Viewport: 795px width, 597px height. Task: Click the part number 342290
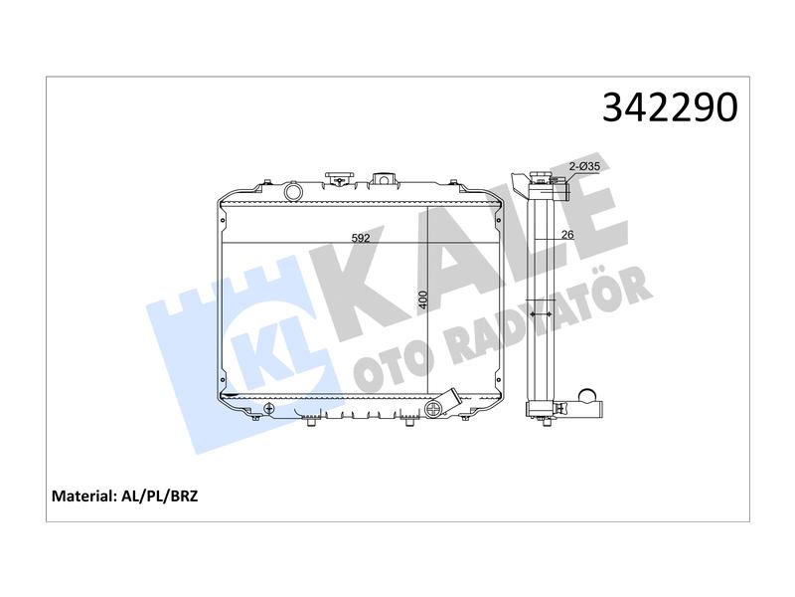[x=670, y=107]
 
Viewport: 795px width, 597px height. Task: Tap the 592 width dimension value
[x=361, y=238]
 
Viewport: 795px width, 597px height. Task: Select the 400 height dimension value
[x=423, y=300]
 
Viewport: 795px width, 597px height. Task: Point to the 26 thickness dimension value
[x=567, y=234]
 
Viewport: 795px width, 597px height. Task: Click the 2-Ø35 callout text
[x=584, y=166]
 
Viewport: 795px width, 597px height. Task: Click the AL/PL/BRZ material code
[x=160, y=496]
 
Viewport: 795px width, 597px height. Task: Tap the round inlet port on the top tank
[x=293, y=191]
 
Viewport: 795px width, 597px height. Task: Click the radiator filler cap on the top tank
[x=338, y=179]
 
